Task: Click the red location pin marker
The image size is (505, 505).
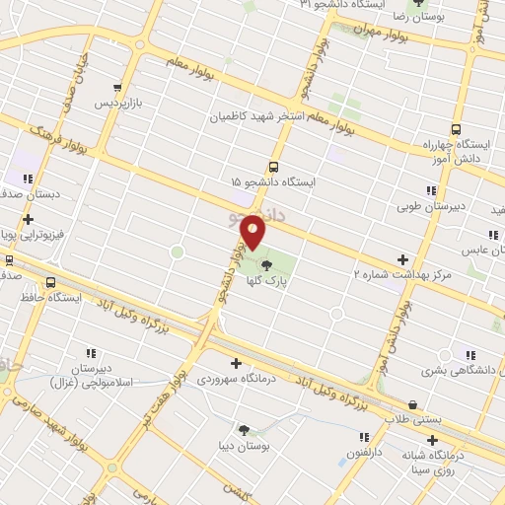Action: (253, 233)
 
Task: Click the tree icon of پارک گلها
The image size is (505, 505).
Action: (267, 263)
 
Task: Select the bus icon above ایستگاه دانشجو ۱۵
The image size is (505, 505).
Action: (273, 168)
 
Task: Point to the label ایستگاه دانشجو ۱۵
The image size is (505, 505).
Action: (274, 183)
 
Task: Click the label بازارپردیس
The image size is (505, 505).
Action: (119, 103)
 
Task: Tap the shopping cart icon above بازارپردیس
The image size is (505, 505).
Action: (119, 87)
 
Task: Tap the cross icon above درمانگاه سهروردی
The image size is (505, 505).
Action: (236, 363)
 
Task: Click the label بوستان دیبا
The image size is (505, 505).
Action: (244, 444)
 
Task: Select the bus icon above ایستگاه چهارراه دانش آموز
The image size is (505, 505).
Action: (456, 129)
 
